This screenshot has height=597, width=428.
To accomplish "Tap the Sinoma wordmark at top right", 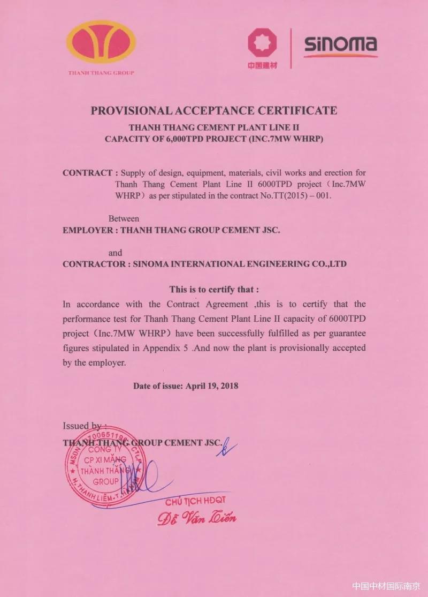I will pos(340,46).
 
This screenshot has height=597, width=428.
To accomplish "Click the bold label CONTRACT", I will pos(87,173).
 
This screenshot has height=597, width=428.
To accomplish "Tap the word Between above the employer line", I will pos(124,218).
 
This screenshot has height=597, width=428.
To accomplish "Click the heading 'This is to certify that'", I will pos(214,290).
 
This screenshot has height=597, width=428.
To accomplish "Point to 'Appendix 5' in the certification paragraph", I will pos(167,347).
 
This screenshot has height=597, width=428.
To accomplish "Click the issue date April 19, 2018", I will pos(211,386).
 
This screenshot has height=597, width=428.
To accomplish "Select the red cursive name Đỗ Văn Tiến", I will pos(196,517).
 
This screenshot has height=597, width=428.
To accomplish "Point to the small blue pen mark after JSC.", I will pos(227,446).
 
